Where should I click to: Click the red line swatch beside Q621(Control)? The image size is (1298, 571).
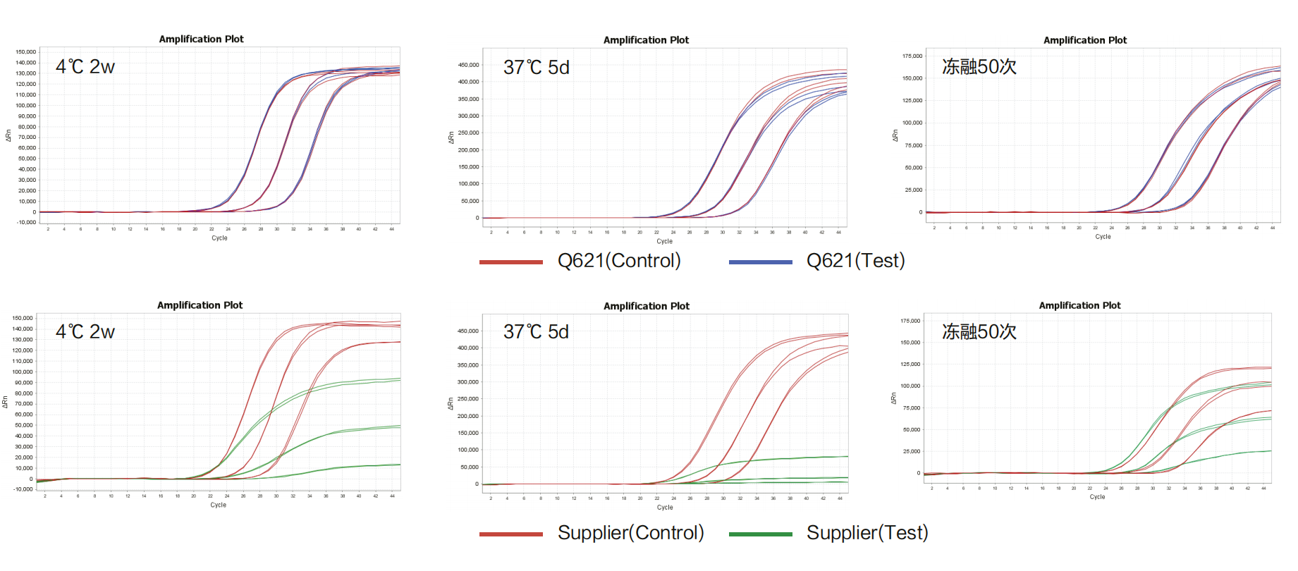click(x=510, y=262)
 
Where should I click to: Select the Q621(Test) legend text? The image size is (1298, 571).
click(x=855, y=261)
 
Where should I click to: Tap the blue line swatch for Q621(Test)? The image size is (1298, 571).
click(x=760, y=262)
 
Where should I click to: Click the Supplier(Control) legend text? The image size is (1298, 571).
click(x=630, y=533)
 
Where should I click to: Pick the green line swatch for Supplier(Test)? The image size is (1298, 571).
click(x=760, y=534)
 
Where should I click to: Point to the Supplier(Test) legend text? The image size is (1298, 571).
click(x=867, y=533)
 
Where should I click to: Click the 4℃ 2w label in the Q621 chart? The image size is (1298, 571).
click(x=85, y=67)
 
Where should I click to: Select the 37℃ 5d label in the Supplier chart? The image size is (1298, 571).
click(x=536, y=332)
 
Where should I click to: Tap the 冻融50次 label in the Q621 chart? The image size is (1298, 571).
click(x=979, y=67)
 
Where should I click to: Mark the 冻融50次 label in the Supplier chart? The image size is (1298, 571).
click(x=979, y=332)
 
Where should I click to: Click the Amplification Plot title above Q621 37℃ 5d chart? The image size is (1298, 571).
click(x=646, y=40)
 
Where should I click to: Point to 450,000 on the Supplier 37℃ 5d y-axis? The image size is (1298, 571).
click(x=468, y=331)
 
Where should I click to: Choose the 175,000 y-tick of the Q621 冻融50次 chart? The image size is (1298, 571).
click(x=912, y=56)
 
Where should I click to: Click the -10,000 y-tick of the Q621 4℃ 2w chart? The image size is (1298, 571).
click(x=26, y=223)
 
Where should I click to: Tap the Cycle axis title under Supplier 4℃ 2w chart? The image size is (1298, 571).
click(x=218, y=505)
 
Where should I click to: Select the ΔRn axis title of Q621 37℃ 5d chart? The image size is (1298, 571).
click(x=451, y=137)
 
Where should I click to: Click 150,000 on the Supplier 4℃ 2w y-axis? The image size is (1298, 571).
click(x=23, y=318)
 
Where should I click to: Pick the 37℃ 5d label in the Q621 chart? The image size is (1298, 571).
click(x=536, y=68)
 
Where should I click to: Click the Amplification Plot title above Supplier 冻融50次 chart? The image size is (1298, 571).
click(x=1079, y=305)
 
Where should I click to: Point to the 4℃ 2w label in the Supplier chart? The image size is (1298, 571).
click(x=85, y=332)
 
